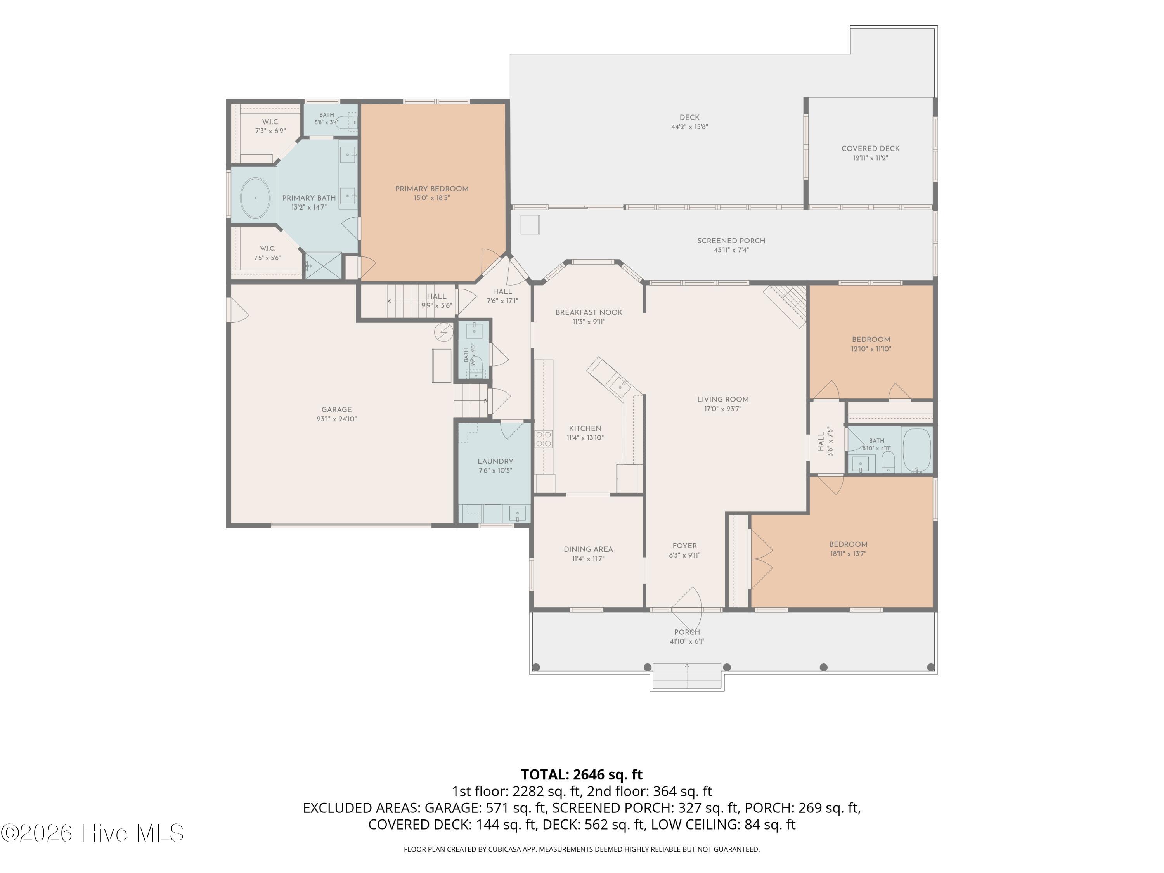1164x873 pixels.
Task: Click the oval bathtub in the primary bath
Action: pos(255,198)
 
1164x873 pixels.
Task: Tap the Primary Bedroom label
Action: pos(431,189)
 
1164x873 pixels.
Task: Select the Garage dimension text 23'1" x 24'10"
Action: pos(337,419)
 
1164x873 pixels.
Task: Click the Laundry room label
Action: pos(495,461)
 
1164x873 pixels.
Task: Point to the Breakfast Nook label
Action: pos(589,313)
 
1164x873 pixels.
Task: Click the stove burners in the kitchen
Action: pos(544,439)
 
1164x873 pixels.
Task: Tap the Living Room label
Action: pos(723,399)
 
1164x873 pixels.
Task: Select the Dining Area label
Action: pos(588,549)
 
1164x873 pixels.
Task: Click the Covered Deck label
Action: pos(870,149)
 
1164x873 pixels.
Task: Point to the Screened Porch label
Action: pos(731,241)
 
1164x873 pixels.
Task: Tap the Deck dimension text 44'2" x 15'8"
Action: pos(689,127)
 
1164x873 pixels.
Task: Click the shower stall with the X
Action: pos(323,266)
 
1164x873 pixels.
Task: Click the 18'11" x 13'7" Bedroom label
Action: pos(848,545)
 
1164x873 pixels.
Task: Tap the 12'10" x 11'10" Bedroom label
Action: pos(871,340)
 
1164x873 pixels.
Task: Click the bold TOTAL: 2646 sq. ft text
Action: pos(582,774)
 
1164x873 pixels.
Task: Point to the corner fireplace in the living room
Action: pos(787,306)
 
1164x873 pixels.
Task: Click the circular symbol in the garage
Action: pos(443,332)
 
